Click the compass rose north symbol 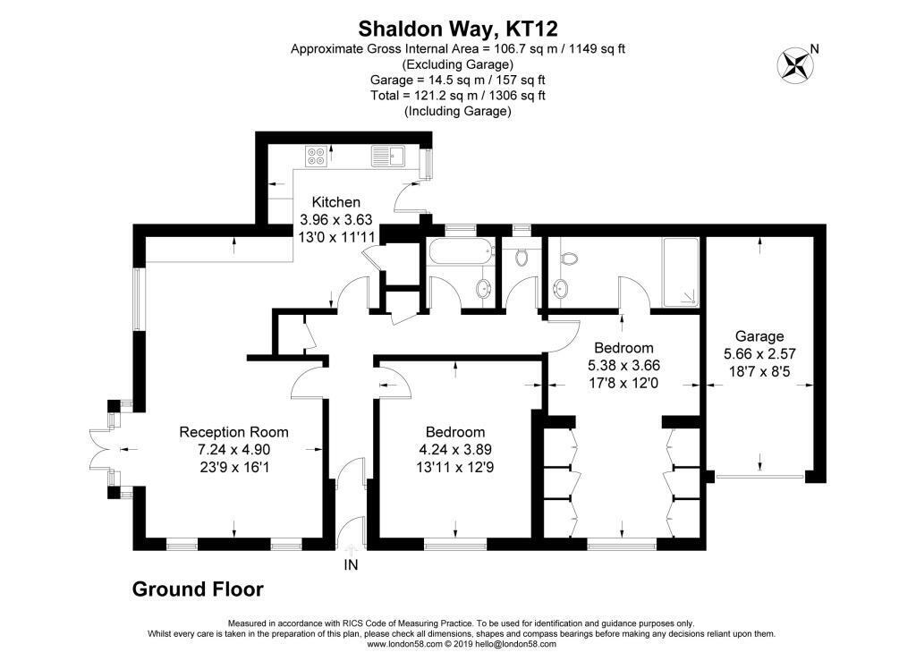tap(795, 64)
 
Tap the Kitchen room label tap(336, 203)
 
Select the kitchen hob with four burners tap(316, 156)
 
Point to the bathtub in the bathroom tap(459, 253)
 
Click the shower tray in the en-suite tap(681, 272)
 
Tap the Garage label tap(759, 336)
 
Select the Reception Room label tap(233, 432)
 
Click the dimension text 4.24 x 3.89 tap(455, 450)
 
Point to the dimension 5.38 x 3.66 tap(623, 366)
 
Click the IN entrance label tap(351, 564)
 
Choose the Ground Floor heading tap(198, 589)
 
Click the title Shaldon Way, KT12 tap(458, 28)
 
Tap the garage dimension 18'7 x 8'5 tap(759, 371)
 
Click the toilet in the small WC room tap(522, 256)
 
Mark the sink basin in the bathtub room tap(483, 287)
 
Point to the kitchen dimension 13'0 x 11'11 tap(337, 238)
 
